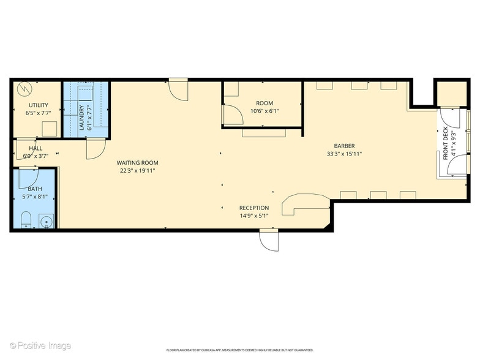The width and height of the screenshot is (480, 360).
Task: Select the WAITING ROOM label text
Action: [x=138, y=163]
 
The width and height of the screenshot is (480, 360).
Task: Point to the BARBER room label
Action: [x=345, y=146]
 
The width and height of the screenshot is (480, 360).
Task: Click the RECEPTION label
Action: [x=254, y=208]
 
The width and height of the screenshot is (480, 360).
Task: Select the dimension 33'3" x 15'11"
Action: [x=345, y=154]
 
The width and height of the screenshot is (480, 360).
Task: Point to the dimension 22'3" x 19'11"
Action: [x=138, y=171]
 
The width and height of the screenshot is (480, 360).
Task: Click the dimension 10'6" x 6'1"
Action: [x=264, y=111]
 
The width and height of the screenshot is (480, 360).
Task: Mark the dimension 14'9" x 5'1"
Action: [x=254, y=216]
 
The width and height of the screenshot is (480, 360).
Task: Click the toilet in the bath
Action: [x=26, y=220]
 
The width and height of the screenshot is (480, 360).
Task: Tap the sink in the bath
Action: [x=46, y=219]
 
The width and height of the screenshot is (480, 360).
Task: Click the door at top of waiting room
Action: [x=179, y=89]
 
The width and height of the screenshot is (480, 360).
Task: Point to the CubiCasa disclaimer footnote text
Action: [x=241, y=350]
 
